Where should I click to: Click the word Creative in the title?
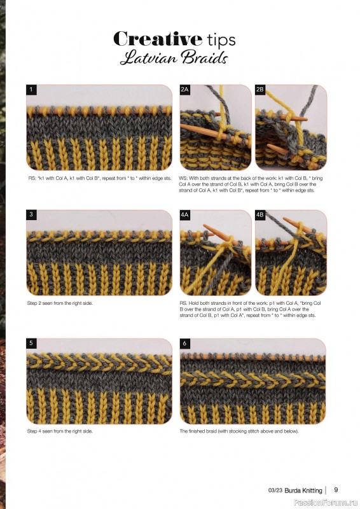coord(158,39)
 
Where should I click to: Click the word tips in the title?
coord(221,40)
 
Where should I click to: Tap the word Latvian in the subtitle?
coord(149,58)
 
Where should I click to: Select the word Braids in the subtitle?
coord(205,58)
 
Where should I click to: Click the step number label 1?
coord(31,90)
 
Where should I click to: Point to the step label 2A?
coord(184,90)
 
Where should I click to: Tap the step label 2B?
coord(260,90)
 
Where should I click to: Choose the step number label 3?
coord(31,214)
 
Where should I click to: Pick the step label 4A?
coord(184,214)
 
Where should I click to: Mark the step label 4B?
coord(260,214)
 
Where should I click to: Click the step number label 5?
coord(31,343)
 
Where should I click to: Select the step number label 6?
coord(184,343)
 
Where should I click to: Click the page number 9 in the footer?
coord(336,489)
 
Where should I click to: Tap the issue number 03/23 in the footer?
coord(275,490)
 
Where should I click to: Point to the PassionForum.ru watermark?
coord(326,503)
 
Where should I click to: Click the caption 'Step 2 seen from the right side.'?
coord(60,303)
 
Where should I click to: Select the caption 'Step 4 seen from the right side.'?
coord(60,431)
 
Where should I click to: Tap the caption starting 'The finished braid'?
coord(239,431)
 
